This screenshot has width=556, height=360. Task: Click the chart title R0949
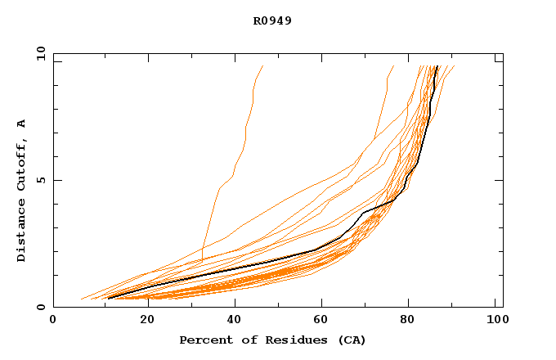(x=272, y=21)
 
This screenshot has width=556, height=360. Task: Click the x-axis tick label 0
(x=53, y=321)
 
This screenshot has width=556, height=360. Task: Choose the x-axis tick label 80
(x=407, y=321)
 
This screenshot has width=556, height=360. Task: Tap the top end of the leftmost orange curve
(x=262, y=66)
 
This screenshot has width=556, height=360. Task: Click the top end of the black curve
(x=438, y=66)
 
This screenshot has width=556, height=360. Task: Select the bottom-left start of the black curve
(x=108, y=298)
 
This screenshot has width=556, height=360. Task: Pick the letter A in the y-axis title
(x=22, y=123)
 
